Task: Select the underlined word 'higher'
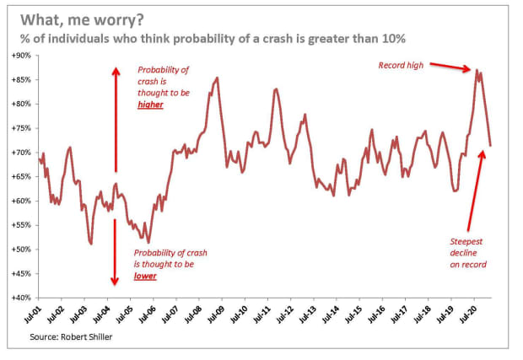point(152,106)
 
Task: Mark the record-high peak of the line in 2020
point(477,70)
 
